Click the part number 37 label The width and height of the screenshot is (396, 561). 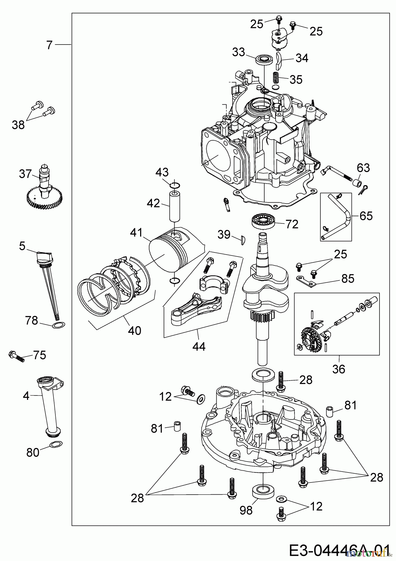26,174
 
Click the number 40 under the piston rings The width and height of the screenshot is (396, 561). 134,330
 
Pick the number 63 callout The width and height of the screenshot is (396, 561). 363,168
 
